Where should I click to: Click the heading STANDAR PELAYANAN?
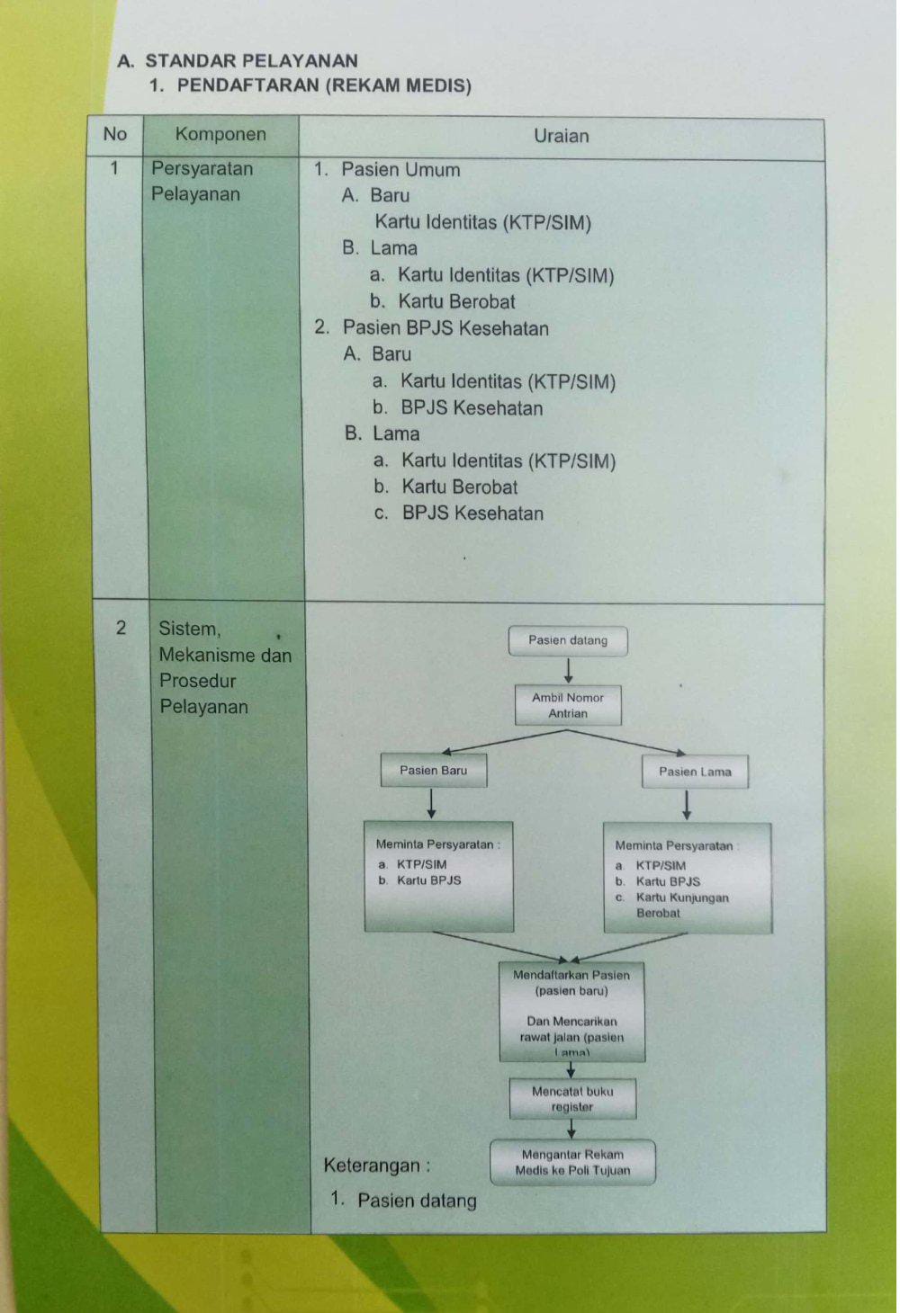pos(252,61)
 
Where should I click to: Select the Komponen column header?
pos(220,134)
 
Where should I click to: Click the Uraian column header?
pos(561,136)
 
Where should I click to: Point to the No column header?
pos(115,134)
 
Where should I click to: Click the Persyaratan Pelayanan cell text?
pos(202,181)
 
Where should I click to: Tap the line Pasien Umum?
pos(400,170)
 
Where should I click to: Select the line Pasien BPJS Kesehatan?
pos(445,327)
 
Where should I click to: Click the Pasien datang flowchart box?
pos(568,640)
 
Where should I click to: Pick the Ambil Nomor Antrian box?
pos(568,705)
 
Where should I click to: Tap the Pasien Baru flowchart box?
pos(434,770)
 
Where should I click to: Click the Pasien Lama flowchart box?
pos(695,772)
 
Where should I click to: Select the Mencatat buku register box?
pos(572,1099)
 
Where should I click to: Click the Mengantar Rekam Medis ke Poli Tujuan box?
pos(572,1162)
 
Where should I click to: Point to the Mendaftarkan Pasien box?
pos(572,1011)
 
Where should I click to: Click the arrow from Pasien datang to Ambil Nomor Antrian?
pos(568,671)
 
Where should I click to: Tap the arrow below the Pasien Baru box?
pos(431,804)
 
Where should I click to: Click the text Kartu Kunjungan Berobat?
pos(682,905)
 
